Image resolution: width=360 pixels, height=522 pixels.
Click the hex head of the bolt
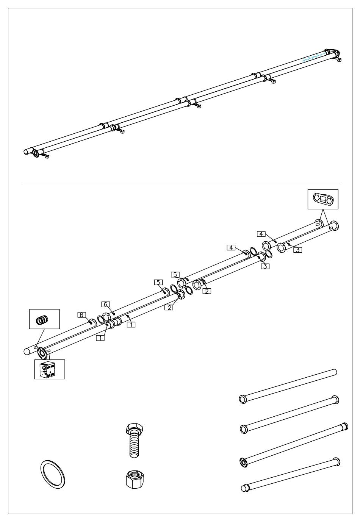pos(135,429)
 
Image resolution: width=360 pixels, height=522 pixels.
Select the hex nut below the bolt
pos(135,479)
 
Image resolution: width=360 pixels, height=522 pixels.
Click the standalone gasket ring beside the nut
pos(53,474)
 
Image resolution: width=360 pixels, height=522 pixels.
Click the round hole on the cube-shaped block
pos(45,367)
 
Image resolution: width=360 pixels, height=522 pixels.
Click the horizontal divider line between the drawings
pos(182,182)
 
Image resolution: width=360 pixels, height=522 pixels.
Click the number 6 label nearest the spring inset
pos(81,315)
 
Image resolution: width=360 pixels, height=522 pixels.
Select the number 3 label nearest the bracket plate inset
pos(298,250)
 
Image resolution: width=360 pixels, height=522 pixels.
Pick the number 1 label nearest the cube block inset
pos(100,338)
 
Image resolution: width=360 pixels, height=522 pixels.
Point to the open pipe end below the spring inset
pos(27,351)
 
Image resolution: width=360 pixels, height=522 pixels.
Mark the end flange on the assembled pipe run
pos(36,153)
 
